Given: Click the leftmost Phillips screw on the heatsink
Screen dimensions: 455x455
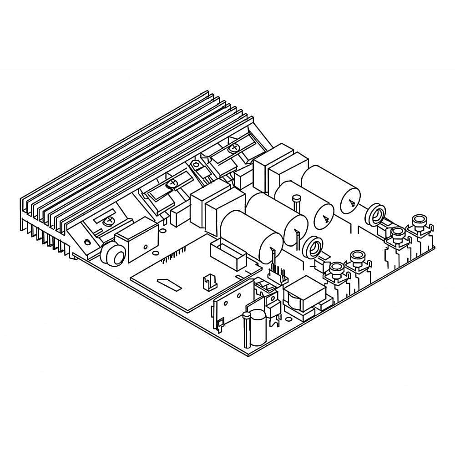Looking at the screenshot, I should (109, 222).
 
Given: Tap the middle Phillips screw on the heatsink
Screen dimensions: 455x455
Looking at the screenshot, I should (172, 184).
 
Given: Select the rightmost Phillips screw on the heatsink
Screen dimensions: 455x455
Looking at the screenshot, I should (234, 147).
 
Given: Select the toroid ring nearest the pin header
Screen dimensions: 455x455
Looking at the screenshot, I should (313, 246).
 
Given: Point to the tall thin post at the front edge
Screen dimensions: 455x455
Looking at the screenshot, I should (247, 330).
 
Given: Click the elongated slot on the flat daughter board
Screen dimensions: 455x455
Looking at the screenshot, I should (169, 285).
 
